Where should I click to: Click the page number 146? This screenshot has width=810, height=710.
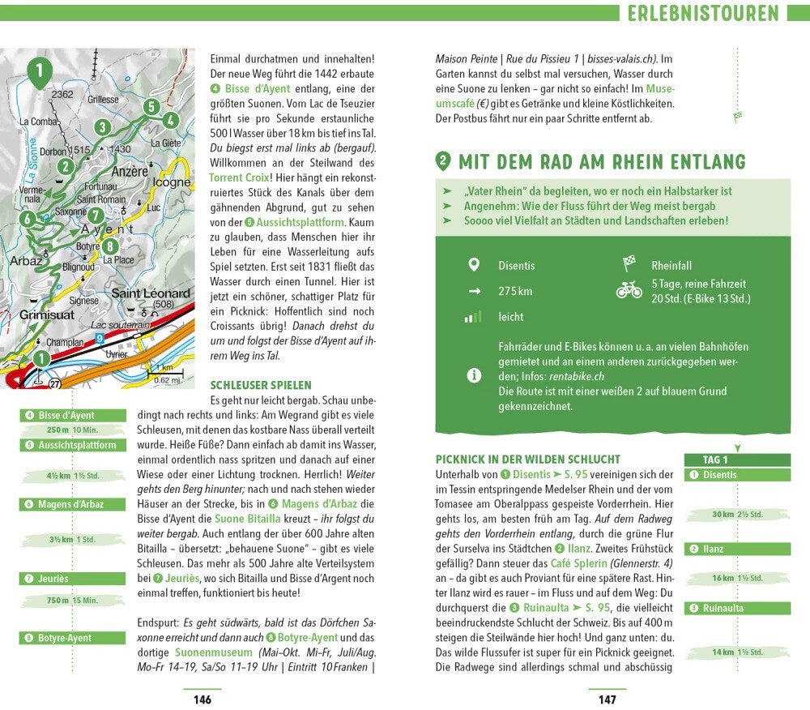[202, 699]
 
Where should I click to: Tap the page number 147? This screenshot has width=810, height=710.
[607, 699]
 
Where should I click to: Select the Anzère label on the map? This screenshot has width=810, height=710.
[130, 172]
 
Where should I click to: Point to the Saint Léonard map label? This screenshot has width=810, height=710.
[150, 293]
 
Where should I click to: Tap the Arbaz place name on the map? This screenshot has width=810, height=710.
[27, 261]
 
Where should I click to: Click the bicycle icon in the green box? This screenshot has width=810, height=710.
[629, 290]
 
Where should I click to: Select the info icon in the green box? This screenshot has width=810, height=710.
[474, 375]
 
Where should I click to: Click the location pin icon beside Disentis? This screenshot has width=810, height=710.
[474, 265]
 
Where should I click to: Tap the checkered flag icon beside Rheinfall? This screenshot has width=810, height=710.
[629, 263]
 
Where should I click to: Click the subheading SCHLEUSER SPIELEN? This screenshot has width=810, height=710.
[261, 385]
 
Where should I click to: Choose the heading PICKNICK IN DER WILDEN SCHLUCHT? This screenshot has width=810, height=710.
[528, 459]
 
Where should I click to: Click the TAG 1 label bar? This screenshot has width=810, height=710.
[736, 460]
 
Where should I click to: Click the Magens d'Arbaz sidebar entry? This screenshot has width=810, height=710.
[72, 504]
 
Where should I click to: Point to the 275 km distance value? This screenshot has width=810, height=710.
[515, 291]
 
